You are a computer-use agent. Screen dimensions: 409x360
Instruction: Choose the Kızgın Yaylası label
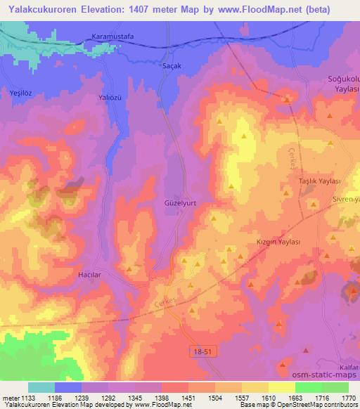(x=278, y=241)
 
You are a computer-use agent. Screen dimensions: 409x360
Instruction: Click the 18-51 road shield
(x=202, y=349)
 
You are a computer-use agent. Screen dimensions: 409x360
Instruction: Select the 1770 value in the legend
(x=349, y=397)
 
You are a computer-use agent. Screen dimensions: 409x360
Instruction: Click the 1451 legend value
(x=188, y=397)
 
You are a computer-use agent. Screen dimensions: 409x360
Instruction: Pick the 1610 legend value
(x=269, y=397)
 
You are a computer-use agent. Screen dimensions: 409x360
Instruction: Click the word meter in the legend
(x=10, y=397)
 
